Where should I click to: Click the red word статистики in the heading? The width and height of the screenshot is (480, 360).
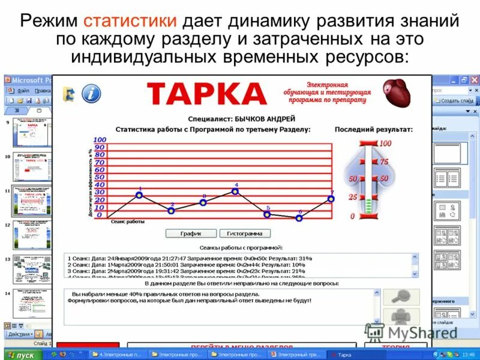[130, 22]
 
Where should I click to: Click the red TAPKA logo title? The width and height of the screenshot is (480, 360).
[206, 94]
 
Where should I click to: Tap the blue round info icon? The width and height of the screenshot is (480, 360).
[91, 94]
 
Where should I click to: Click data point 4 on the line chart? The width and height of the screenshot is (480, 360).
[235, 191]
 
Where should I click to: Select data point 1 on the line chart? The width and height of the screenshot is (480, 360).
[139, 195]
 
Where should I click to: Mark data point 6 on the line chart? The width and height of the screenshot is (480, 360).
[299, 218]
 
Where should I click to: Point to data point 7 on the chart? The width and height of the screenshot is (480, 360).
[331, 199]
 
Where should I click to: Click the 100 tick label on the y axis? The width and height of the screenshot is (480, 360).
[100, 140]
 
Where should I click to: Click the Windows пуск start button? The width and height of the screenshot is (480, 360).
[20, 355]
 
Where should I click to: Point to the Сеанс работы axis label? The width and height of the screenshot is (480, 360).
[128, 221]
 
